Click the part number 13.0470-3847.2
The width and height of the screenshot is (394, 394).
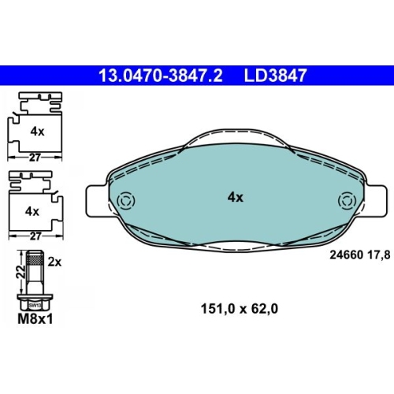(x=160, y=76)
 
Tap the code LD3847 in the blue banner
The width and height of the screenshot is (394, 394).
(x=275, y=76)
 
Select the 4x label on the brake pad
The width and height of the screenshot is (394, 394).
(x=236, y=197)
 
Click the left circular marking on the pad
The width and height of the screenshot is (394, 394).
(x=127, y=201)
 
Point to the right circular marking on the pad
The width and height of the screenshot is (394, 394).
(x=347, y=201)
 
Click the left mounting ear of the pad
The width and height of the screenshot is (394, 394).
(x=97, y=201)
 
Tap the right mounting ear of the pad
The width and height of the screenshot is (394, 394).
(x=376, y=201)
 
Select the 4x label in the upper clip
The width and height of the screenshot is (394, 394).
(x=37, y=132)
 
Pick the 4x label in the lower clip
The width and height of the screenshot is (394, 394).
(x=32, y=211)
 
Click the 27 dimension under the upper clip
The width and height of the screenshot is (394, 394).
(x=35, y=158)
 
